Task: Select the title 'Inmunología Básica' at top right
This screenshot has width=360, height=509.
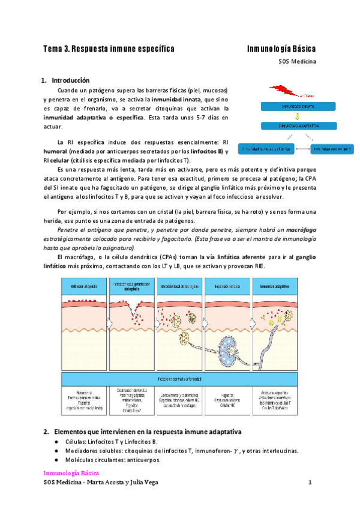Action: pos(281,48)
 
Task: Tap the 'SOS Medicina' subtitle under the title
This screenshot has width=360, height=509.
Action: pos(297,61)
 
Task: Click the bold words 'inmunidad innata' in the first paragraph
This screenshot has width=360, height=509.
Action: pos(176,98)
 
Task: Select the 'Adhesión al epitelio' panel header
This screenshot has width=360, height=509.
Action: pos(86,285)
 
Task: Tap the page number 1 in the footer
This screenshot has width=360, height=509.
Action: pos(310,483)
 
